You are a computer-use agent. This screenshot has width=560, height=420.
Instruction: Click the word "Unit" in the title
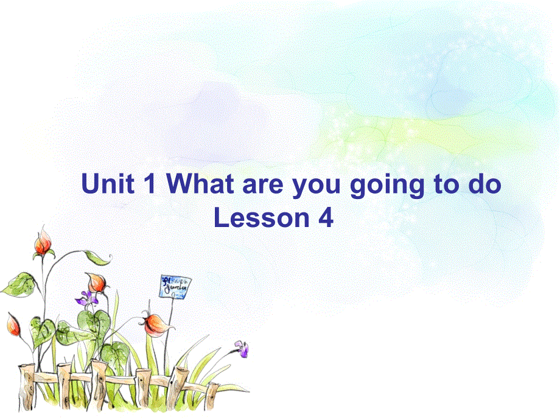click(108, 184)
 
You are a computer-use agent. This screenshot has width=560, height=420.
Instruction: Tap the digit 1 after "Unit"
click(149, 184)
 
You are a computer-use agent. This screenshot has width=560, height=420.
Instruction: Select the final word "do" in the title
click(485, 184)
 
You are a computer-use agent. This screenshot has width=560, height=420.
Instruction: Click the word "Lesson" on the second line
click(262, 218)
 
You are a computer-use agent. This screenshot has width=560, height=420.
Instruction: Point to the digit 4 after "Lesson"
click(326, 218)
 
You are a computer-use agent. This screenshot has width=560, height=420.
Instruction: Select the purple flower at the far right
click(242, 348)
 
